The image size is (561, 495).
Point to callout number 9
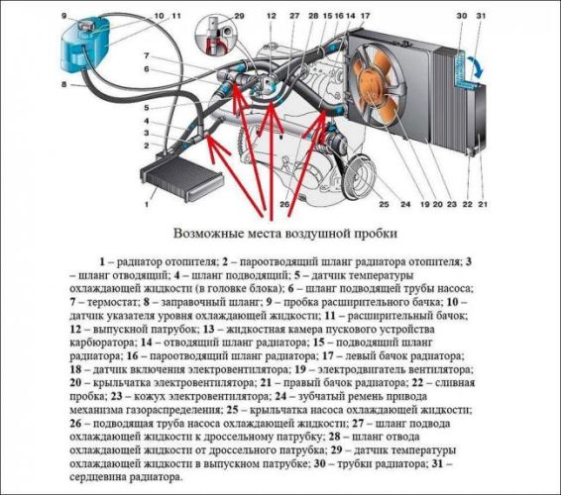pyautogui.click(x=63, y=17)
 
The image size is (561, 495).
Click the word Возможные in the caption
pyautogui.click(x=207, y=235)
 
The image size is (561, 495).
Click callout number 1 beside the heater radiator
pyautogui.click(x=147, y=205)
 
